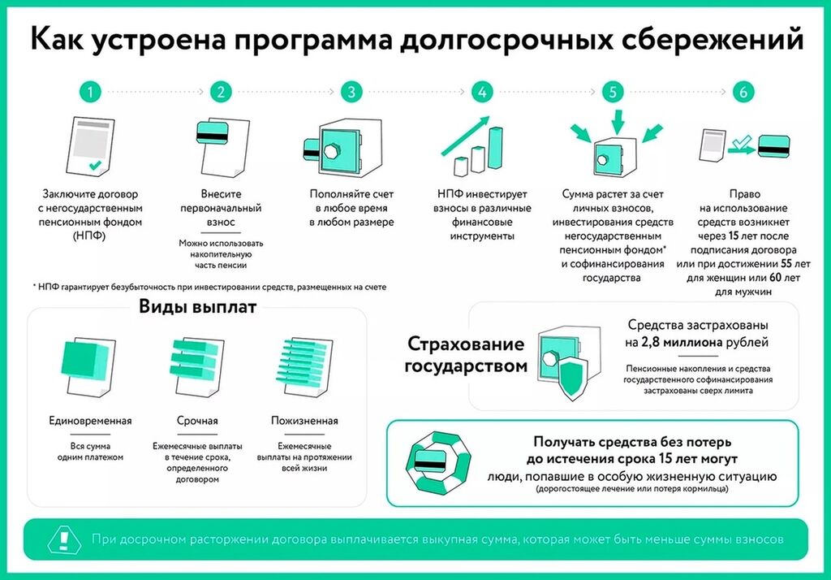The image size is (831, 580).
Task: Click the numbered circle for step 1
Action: pos(90,92)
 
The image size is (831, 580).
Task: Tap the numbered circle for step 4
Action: pos(482,92)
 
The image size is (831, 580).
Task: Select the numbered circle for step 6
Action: pos(743,92)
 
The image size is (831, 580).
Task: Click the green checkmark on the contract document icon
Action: pos(96,165)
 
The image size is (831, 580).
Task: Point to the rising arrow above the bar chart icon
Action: pos(465,136)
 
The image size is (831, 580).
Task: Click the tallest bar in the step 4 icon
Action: pos(495,148)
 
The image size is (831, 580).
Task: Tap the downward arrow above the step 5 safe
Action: pos(618,122)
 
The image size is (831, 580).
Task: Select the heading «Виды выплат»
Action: pos(198,307)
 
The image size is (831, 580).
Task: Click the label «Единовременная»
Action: pos(90,421)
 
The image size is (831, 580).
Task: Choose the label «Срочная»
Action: pos(197,421)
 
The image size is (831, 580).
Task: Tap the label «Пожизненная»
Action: pos(304,421)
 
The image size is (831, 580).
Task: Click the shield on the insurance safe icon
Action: pos(571,378)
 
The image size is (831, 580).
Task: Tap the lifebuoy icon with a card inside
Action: pos(437,462)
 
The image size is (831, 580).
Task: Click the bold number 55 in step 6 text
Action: pos(786,264)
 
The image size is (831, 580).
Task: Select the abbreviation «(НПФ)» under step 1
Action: pos(89,236)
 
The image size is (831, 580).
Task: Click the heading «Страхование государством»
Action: pos(466,354)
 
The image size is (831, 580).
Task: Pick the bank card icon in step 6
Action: pos(773,145)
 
